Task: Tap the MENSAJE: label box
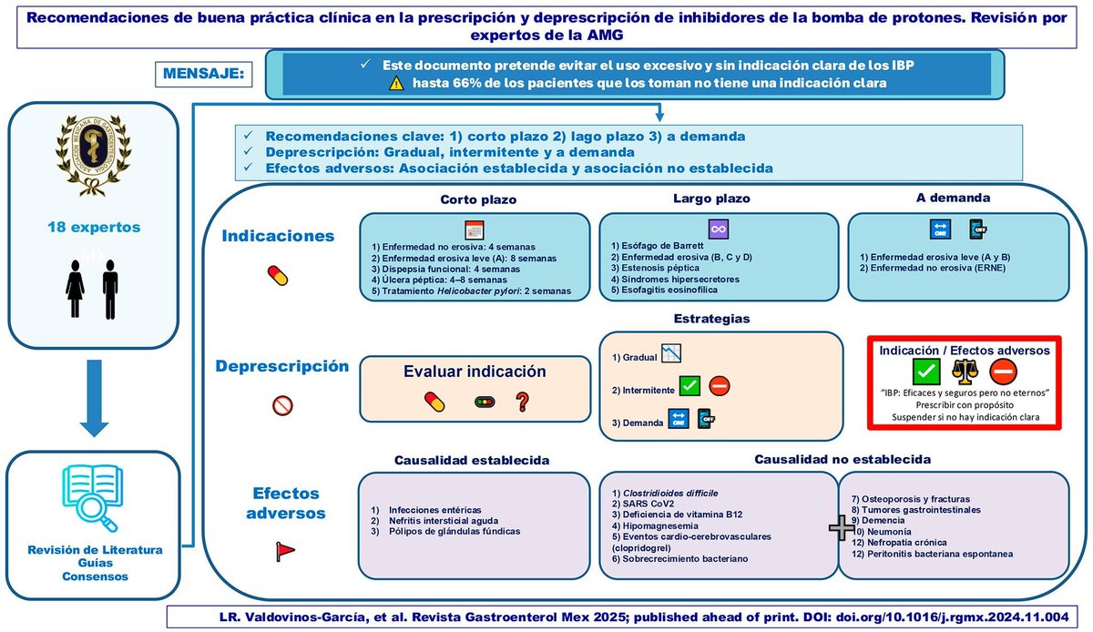(203, 74)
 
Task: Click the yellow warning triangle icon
(396, 83)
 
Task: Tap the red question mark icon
(523, 401)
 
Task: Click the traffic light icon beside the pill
(483, 401)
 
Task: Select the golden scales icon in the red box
(963, 371)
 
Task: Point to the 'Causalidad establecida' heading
(471, 460)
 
